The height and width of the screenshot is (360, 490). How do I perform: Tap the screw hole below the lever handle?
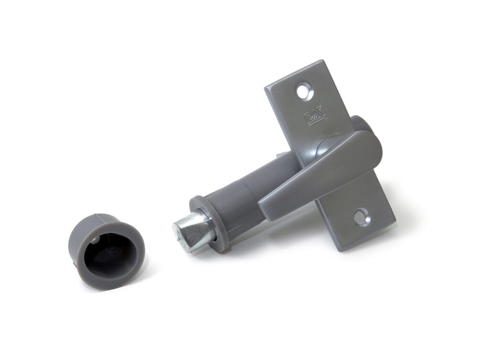(360, 218)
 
